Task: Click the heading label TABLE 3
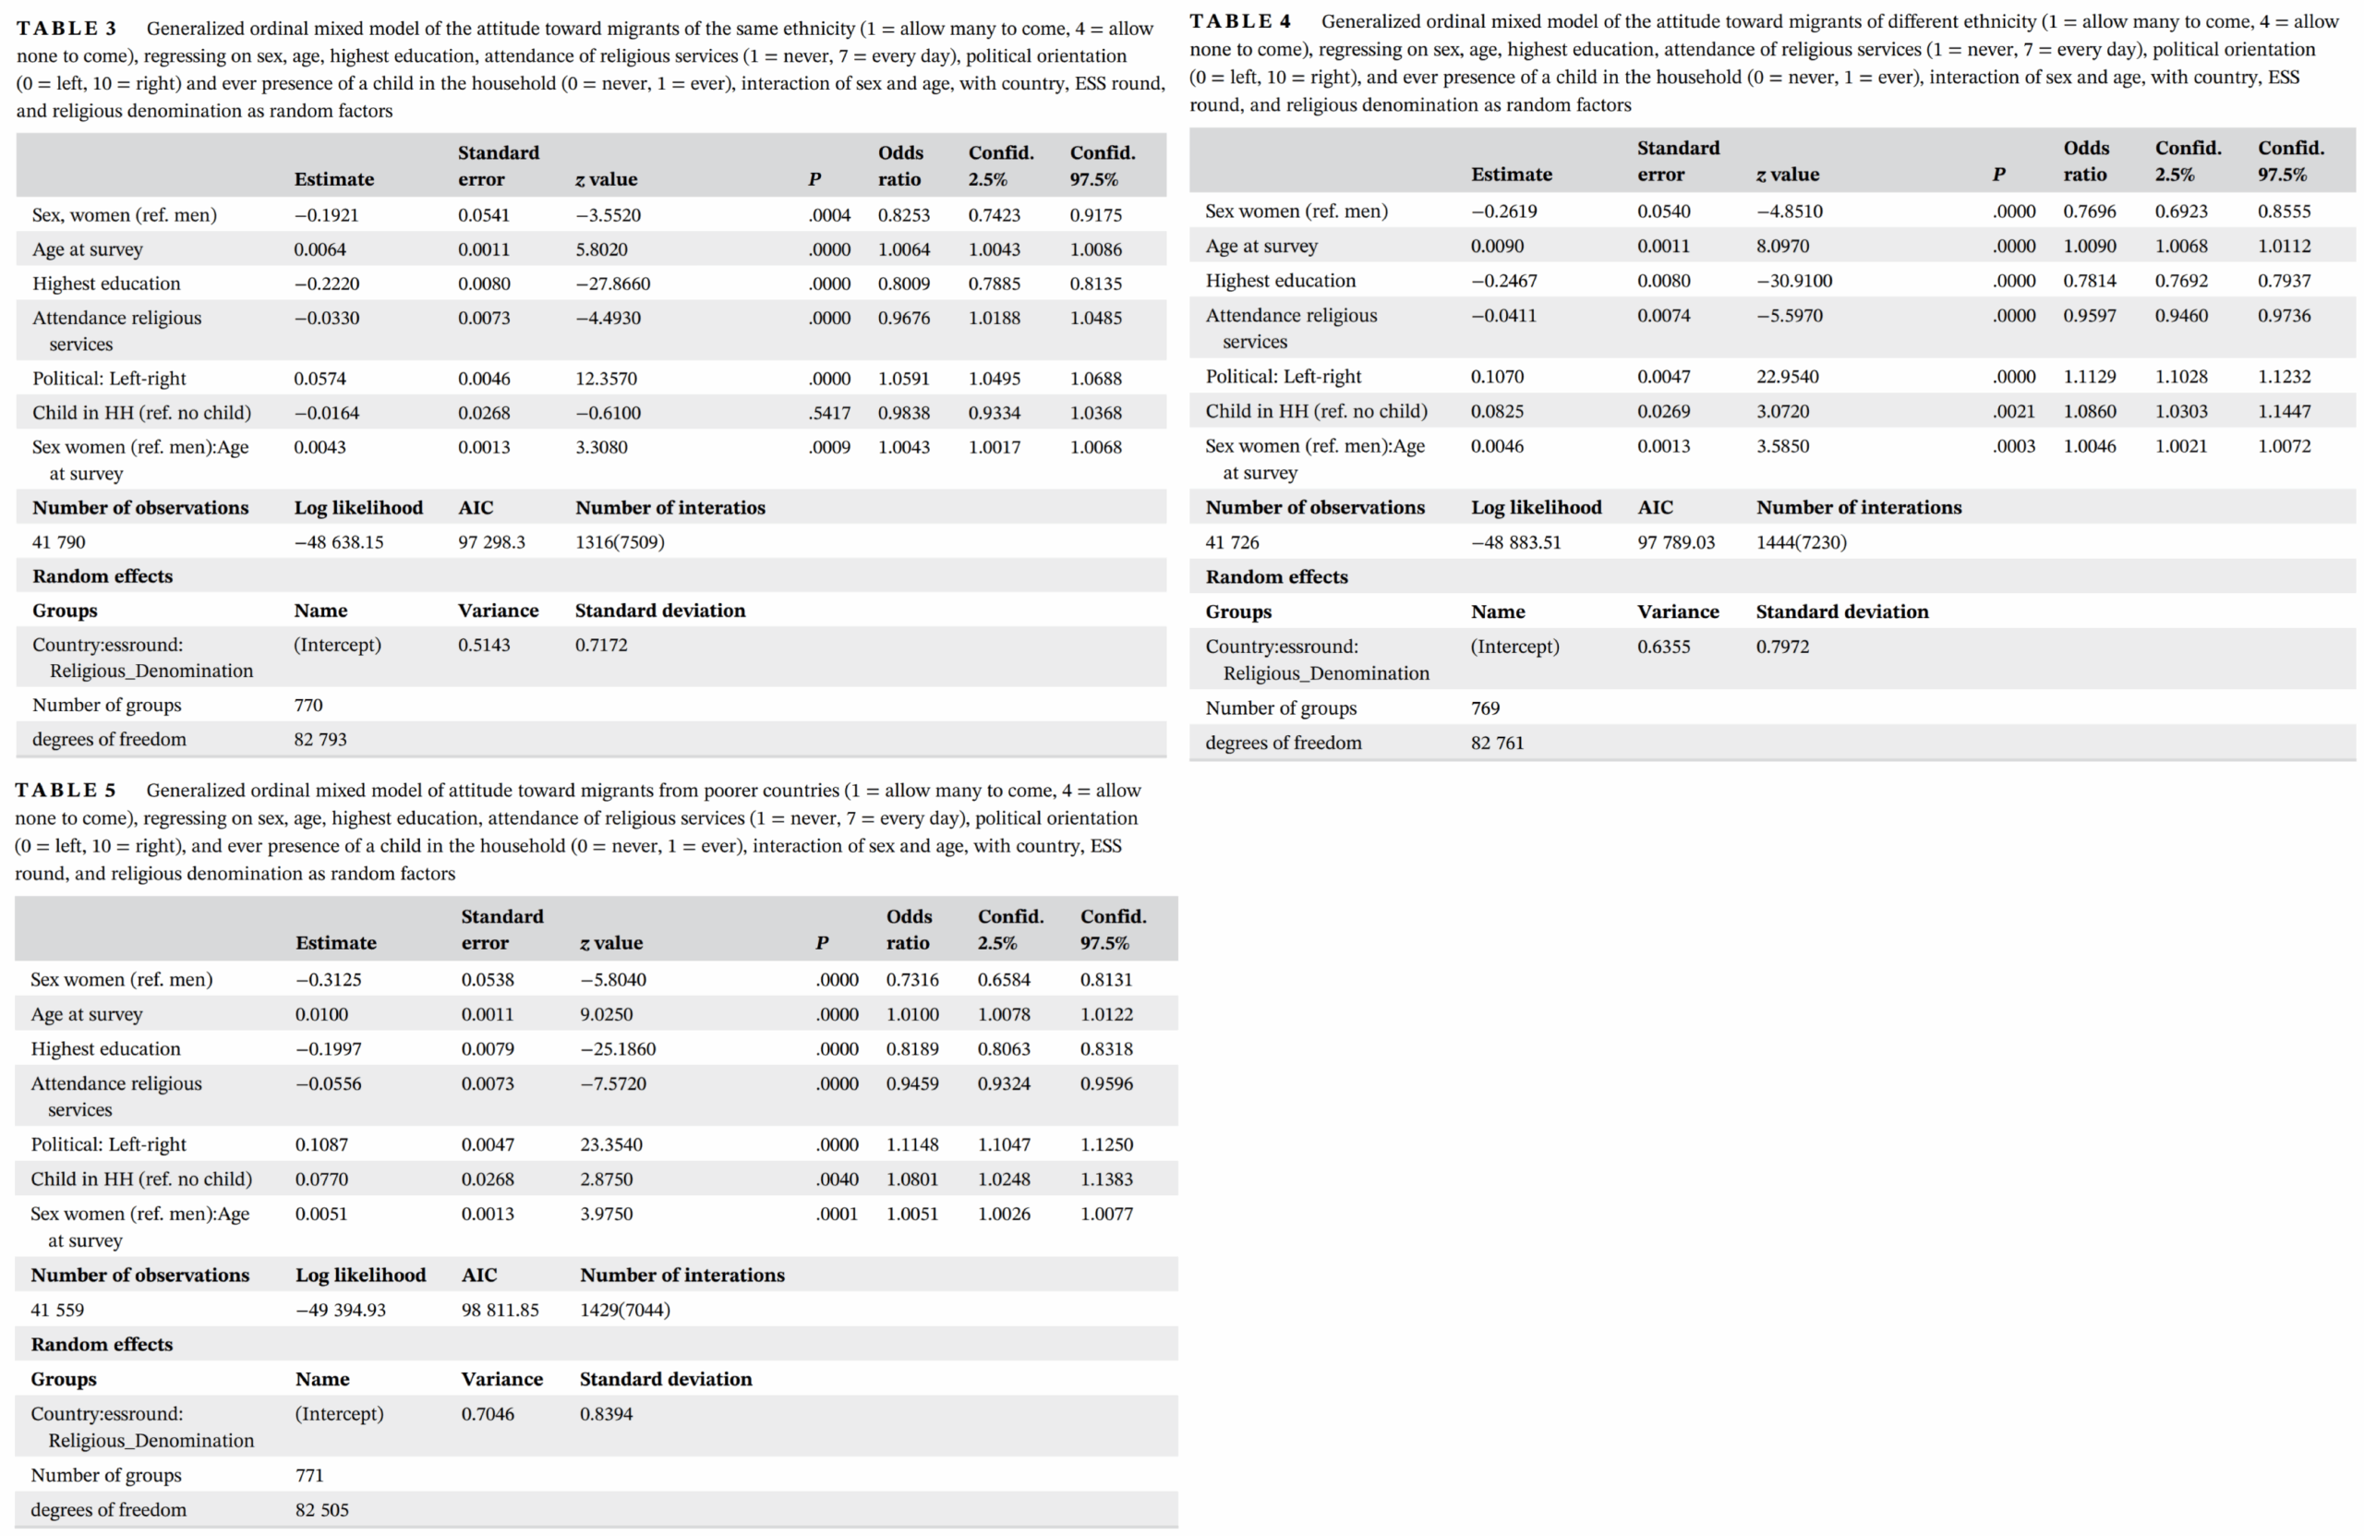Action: (x=66, y=29)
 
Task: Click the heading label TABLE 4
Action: (x=1240, y=22)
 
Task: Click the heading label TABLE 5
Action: (x=66, y=790)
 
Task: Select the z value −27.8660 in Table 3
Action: (x=613, y=284)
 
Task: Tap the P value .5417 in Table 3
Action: (x=829, y=412)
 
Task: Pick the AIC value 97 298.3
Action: (x=491, y=541)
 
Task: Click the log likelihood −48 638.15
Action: (x=339, y=541)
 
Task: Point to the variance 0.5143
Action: (x=484, y=645)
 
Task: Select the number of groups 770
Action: (x=308, y=705)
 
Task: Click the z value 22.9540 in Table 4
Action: (x=1788, y=377)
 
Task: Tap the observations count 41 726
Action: (x=1232, y=542)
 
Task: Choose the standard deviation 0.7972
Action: (x=1782, y=647)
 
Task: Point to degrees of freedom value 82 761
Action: (x=1497, y=743)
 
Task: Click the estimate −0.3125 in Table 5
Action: (x=329, y=980)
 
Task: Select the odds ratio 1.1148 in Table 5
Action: (x=911, y=1144)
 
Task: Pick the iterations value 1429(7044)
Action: (x=625, y=1310)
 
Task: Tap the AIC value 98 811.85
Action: (x=500, y=1310)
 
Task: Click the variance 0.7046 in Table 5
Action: (x=488, y=1414)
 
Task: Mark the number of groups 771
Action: (x=310, y=1475)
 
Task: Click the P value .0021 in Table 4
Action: (x=2013, y=411)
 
